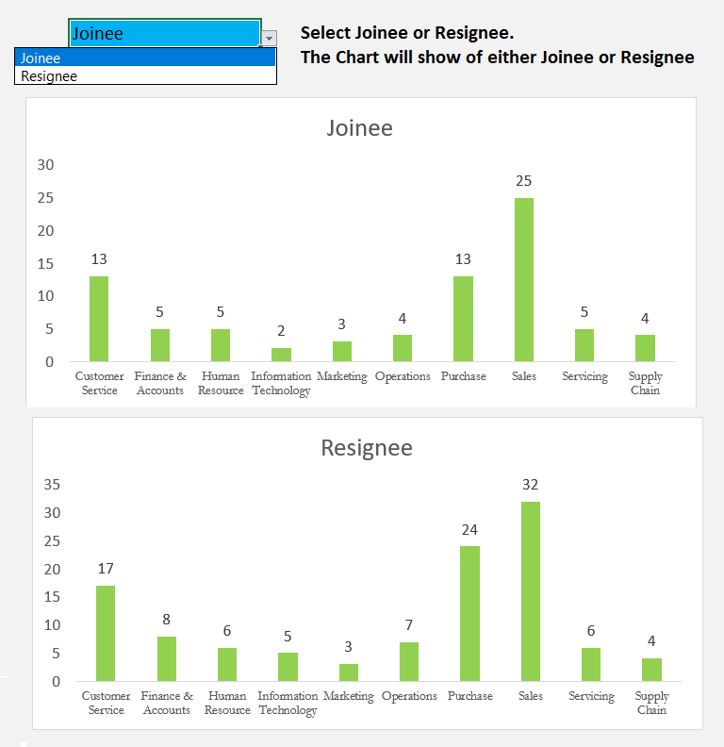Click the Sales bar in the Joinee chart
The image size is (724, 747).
pos(524,279)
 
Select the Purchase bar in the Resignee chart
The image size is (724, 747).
pos(469,613)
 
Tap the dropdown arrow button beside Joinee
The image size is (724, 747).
pos(270,38)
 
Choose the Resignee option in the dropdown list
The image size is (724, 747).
pos(49,76)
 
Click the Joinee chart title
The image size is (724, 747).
pos(359,128)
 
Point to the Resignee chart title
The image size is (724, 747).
pos(367,447)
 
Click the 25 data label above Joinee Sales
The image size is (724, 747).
pos(524,180)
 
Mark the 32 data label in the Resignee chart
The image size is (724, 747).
pos(531,484)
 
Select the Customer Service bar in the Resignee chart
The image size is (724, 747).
pos(106,633)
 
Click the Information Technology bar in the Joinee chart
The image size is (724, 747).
pos(281,355)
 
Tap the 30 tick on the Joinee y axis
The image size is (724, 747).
pos(45,165)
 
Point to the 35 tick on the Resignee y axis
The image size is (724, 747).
pos(52,485)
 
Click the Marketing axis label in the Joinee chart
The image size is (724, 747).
pos(341,376)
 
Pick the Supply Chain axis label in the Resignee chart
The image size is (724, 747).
pos(651,703)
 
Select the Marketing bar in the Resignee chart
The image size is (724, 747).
pos(349,672)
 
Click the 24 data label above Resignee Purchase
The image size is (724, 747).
pos(469,529)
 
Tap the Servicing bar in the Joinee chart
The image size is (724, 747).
pos(584,345)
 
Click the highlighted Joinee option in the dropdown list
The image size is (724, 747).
pos(41,58)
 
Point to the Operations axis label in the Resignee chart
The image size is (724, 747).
pos(409,696)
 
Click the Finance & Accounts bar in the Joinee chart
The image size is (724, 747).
pos(160,345)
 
